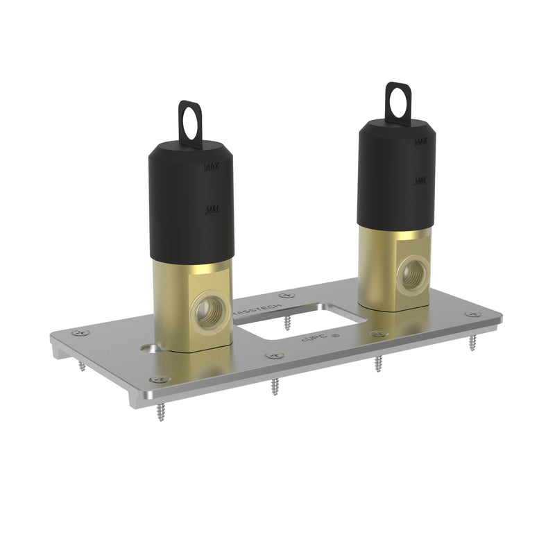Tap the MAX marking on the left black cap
212,166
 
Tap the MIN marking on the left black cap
213,209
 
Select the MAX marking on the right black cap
420,142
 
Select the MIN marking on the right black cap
420,180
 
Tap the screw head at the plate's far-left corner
80,333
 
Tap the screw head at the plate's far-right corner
474,314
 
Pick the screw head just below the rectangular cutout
274,355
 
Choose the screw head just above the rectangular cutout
287,296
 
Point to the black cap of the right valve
397,180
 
